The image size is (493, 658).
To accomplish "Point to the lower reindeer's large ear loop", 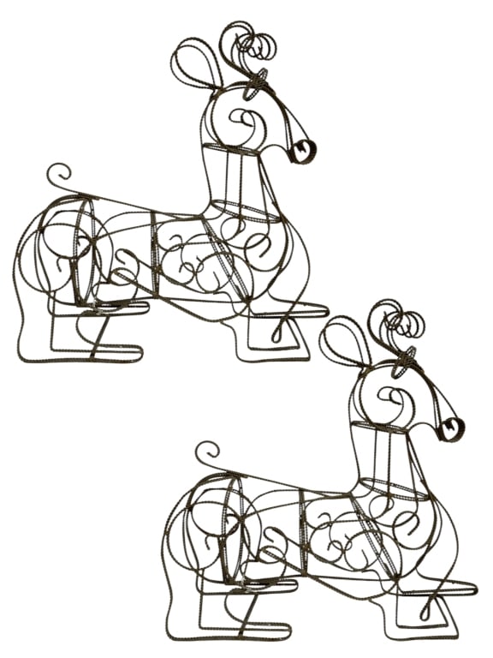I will tap(343, 339).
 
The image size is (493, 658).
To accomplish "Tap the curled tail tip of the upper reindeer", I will tap(58, 172).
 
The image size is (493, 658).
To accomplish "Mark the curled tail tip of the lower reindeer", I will tap(206, 451).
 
